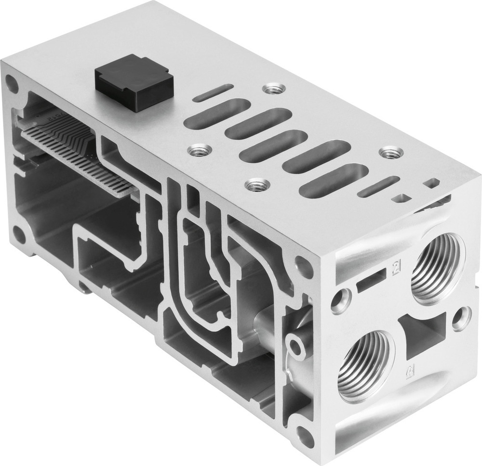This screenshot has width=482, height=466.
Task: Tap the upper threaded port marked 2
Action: [438, 270]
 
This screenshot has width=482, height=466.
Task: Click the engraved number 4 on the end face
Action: [409, 370]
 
